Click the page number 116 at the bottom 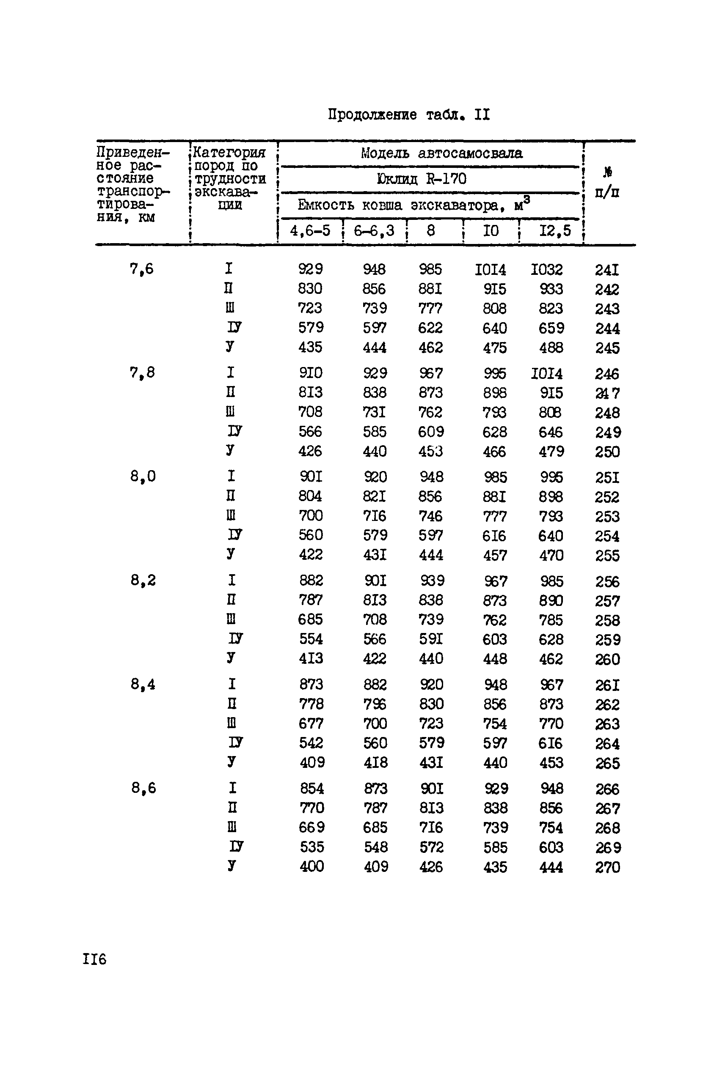(x=95, y=959)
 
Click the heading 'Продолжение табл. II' (x=409, y=114)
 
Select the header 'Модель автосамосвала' (x=441, y=153)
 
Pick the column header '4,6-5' (x=310, y=230)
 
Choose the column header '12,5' (x=555, y=230)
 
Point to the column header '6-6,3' (x=374, y=230)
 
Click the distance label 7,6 (x=141, y=268)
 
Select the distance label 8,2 (x=143, y=580)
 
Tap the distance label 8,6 (x=143, y=788)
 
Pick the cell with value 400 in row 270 (x=312, y=866)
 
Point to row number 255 (x=607, y=555)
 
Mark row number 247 (x=607, y=393)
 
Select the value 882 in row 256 (x=311, y=581)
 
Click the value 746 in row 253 (x=430, y=516)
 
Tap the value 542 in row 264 (x=311, y=743)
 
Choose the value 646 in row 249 (x=551, y=433)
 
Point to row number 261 (x=607, y=685)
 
